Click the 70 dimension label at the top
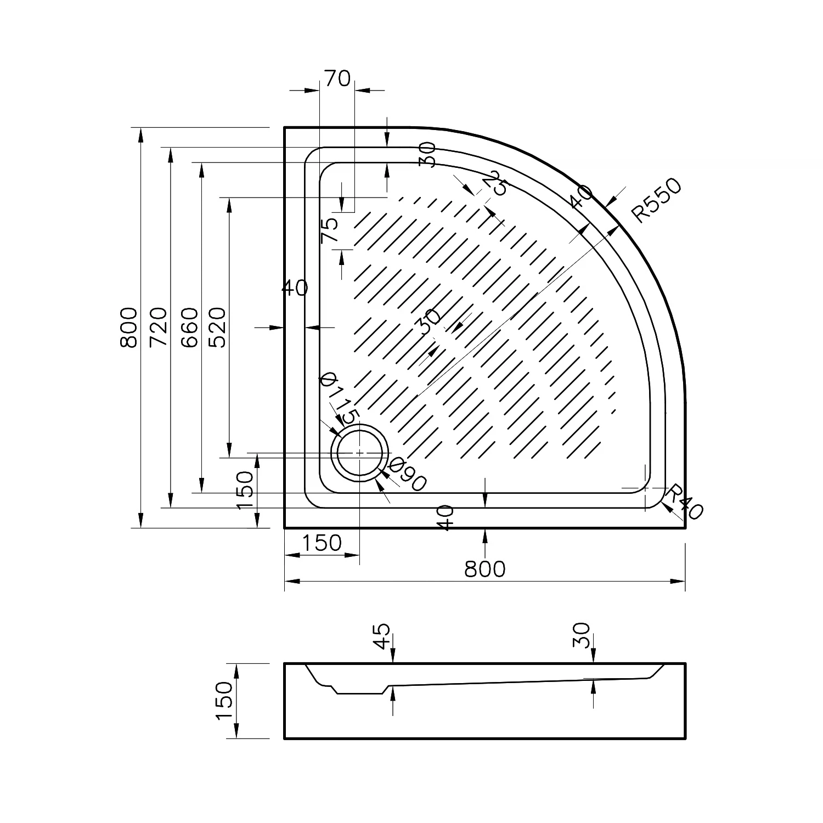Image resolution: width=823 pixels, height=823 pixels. (x=337, y=78)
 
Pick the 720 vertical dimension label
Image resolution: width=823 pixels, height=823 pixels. (x=158, y=327)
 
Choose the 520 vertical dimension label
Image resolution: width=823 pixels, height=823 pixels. (x=217, y=327)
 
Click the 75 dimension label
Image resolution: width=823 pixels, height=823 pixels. (x=329, y=230)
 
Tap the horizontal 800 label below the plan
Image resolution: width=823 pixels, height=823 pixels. (x=484, y=569)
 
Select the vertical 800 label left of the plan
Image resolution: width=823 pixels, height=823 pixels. (x=128, y=327)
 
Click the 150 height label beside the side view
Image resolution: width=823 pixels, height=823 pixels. (x=224, y=701)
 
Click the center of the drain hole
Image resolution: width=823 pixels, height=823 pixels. (x=359, y=453)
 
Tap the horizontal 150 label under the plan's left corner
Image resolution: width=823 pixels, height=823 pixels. (x=322, y=543)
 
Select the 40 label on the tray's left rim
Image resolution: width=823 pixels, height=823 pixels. (x=295, y=288)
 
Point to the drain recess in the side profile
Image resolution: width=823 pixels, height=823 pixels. (x=359, y=689)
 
